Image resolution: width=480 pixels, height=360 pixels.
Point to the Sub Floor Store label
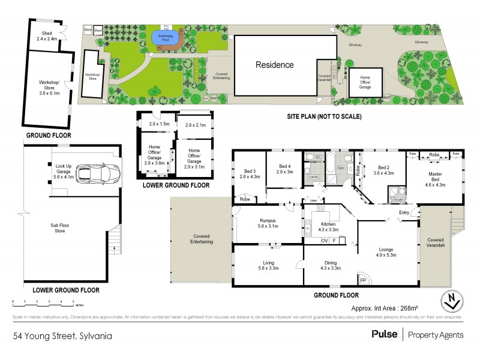[x=61, y=228]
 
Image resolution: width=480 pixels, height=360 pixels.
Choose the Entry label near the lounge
[x=404, y=213]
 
